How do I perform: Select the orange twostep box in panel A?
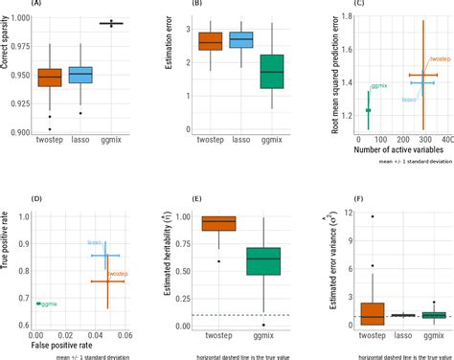[50, 78]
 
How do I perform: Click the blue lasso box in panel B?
[239, 39]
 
